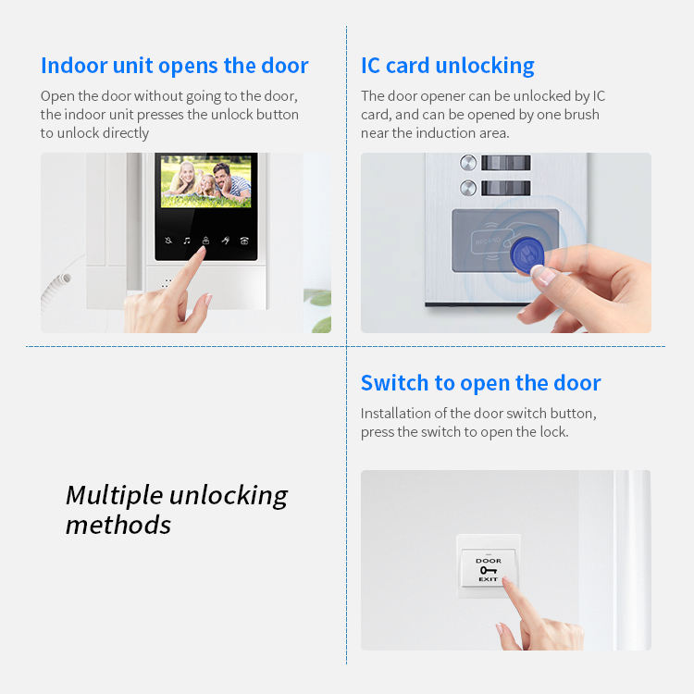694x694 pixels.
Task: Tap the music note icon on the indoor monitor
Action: [187, 241]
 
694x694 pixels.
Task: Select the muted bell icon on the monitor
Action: [168, 241]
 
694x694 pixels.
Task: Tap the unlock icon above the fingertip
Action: [205, 241]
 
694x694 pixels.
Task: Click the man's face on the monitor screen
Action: [221, 171]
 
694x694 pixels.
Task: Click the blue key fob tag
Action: [527, 255]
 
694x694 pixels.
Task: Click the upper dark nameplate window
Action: [506, 163]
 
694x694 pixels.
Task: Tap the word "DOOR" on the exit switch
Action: [489, 561]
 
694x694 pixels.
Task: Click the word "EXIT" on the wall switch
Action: [489, 579]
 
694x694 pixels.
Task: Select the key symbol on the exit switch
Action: [489, 570]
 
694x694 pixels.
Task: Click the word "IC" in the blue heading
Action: [370, 66]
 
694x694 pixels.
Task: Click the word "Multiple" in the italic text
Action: [114, 496]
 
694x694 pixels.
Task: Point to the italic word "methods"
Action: [118, 525]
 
